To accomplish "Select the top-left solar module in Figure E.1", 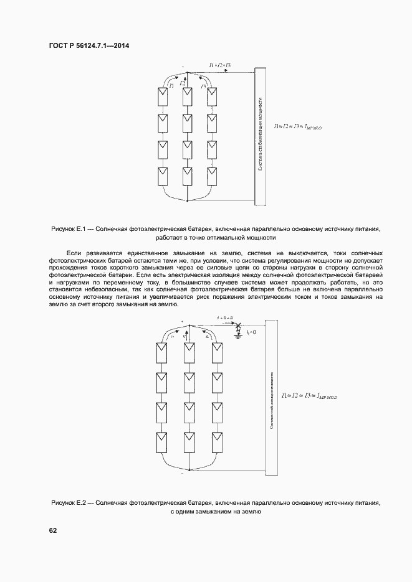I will pyautogui.click(x=162, y=95).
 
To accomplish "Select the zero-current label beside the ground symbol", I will pyautogui.click(x=251, y=333).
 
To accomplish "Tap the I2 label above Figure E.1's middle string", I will pyautogui.click(x=182, y=83).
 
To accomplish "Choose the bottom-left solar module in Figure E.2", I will pyautogui.click(x=161, y=441).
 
